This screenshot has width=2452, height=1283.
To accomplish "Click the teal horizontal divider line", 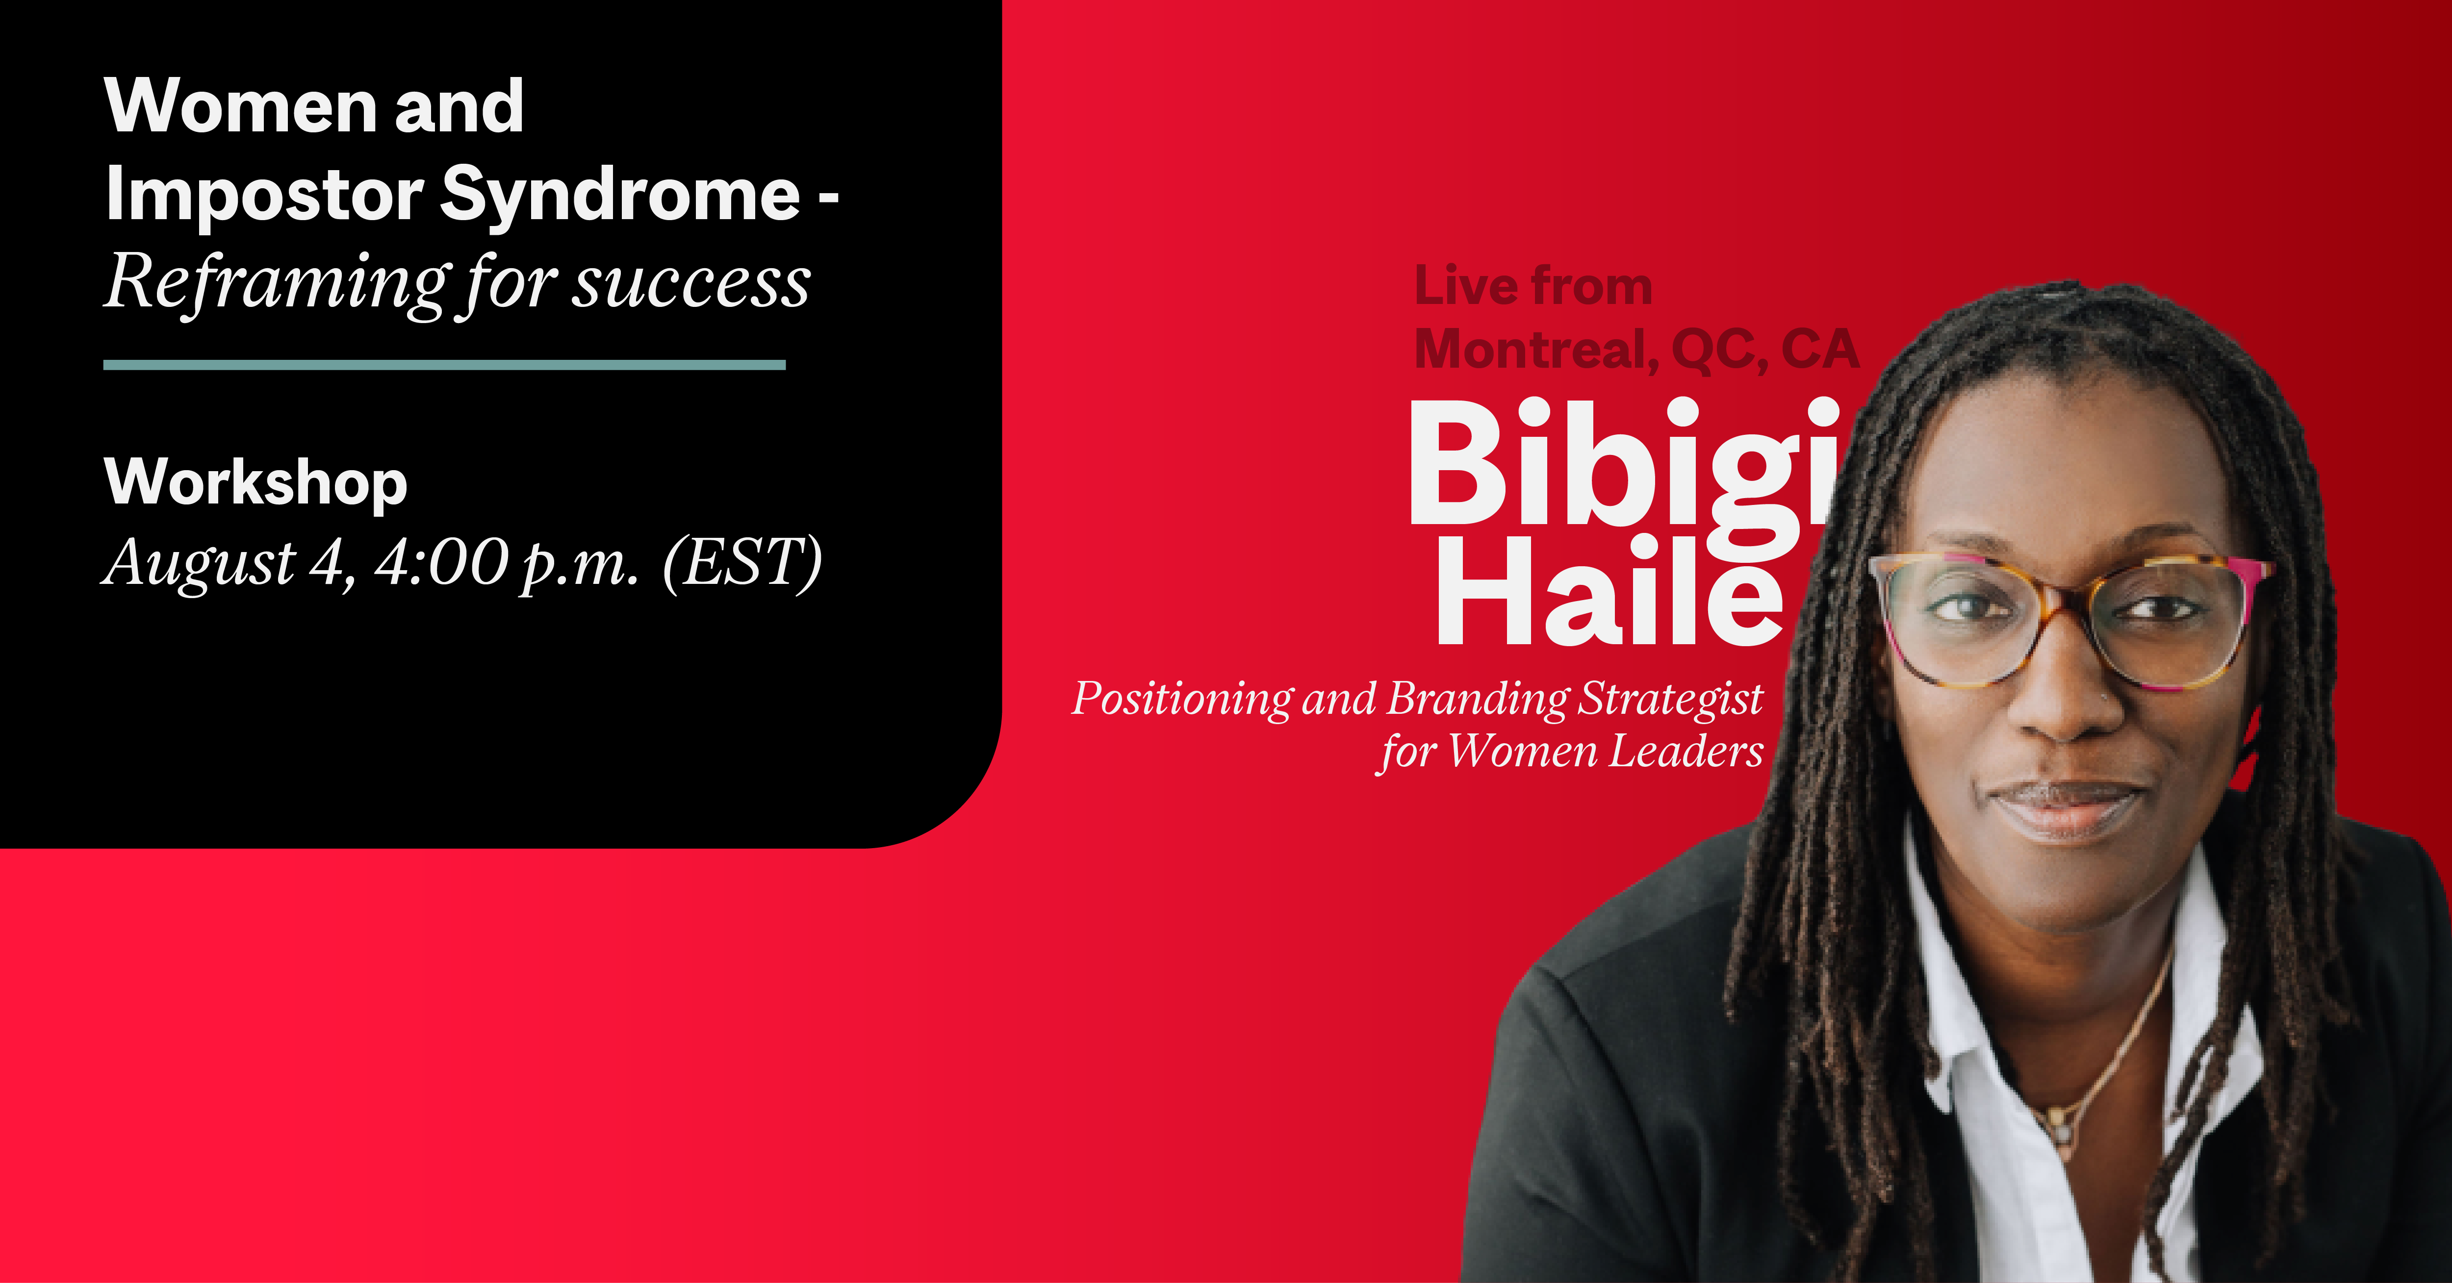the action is [444, 365].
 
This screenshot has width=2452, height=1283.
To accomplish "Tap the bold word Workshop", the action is [256, 483].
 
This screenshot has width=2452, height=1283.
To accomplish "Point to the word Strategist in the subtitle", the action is [1670, 700].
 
